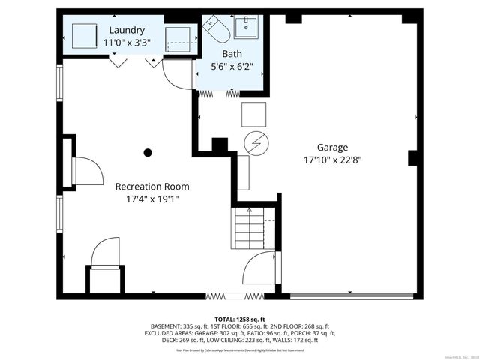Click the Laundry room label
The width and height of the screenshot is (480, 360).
click(126, 30)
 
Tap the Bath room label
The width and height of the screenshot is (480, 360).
click(232, 54)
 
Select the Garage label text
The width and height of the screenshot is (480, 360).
click(332, 148)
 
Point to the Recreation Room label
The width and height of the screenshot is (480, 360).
click(152, 186)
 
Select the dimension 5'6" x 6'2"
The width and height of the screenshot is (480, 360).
click(232, 67)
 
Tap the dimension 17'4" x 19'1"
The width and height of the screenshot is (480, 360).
click(152, 199)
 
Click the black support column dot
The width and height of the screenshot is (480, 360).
click(148, 152)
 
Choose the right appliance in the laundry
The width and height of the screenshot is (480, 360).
click(180, 37)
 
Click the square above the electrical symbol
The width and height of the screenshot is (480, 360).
click(253, 114)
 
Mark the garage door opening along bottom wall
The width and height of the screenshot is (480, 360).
click(352, 294)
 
